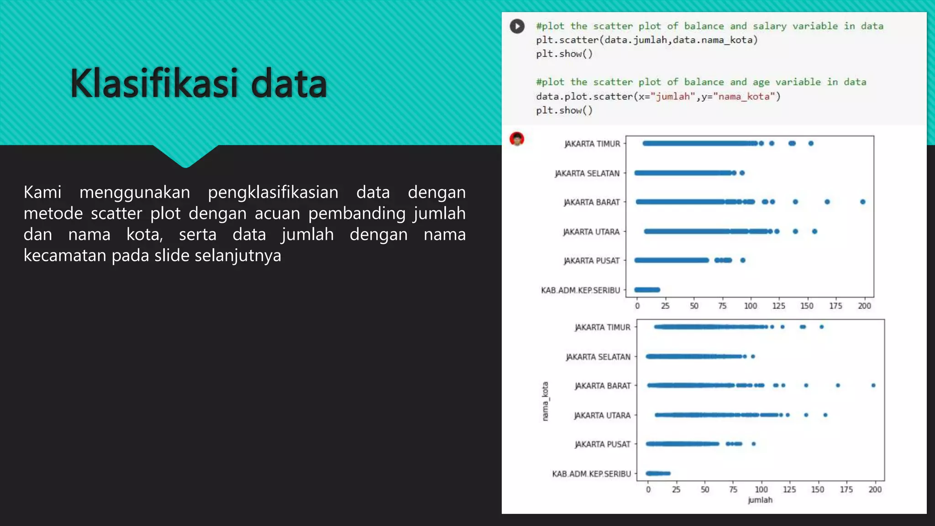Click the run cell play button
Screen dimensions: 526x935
point(517,26)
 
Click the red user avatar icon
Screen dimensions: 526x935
point(517,139)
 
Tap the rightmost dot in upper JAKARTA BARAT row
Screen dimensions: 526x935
point(862,202)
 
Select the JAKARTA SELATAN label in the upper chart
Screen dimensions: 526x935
point(587,174)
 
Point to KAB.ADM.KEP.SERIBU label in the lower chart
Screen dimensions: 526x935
point(591,474)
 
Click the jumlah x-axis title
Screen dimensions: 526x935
point(760,500)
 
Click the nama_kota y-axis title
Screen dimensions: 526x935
point(545,401)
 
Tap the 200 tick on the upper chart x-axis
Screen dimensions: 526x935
point(864,306)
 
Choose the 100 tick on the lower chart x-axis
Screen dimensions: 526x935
point(761,489)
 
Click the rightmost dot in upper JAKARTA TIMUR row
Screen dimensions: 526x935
point(811,143)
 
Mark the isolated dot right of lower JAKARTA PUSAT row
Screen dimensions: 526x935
point(754,444)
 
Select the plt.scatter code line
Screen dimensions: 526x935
point(646,40)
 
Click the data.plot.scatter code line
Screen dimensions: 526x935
point(658,96)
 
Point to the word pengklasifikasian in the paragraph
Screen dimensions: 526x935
point(273,192)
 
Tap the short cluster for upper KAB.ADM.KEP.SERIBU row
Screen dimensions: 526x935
point(647,289)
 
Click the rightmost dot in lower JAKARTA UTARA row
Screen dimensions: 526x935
point(825,415)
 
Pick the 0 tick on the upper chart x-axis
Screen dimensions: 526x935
point(637,306)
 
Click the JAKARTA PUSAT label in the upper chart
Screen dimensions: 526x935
point(591,261)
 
